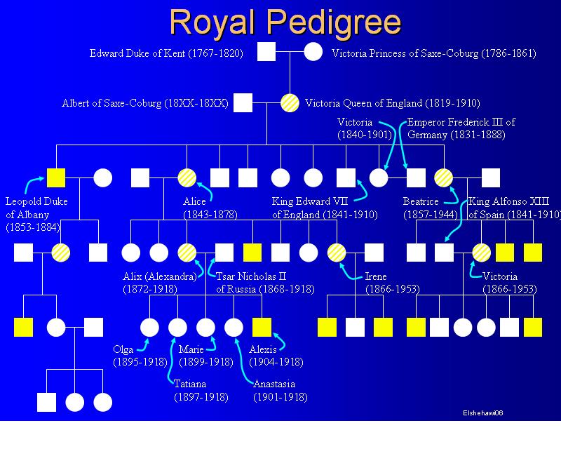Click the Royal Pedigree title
tap(285, 22)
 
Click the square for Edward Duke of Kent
tap(266, 51)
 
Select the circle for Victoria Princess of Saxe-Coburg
tap(313, 51)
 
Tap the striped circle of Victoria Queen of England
tap(290, 102)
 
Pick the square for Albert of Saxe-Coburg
tap(243, 102)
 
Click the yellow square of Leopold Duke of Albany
tap(56, 177)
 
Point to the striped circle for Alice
tap(187, 177)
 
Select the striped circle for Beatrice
tap(444, 177)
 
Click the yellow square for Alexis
tap(262, 327)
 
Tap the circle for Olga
tap(149, 327)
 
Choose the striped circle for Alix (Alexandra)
tap(187, 253)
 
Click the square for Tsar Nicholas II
tap(224, 253)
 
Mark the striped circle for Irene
tap(337, 253)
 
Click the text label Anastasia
tap(274, 384)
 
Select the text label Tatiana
tap(190, 384)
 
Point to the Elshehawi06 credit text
tap(483, 413)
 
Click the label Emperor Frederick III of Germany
tap(461, 128)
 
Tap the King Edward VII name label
tap(310, 201)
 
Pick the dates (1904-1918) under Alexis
tap(276, 362)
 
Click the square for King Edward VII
tap(346, 177)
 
